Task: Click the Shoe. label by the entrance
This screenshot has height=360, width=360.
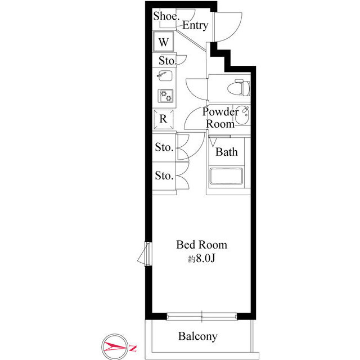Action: (x=166, y=16)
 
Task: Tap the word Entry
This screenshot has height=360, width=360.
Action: (x=195, y=25)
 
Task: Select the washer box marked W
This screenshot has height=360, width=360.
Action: (x=164, y=42)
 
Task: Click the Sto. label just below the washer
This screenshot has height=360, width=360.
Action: (x=167, y=61)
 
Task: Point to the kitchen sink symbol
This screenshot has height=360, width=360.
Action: (x=165, y=76)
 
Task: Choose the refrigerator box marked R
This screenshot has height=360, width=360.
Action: (x=163, y=119)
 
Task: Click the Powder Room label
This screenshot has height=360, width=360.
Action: (x=220, y=118)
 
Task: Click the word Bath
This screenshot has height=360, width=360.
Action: (x=227, y=152)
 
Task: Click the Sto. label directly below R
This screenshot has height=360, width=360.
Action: (x=164, y=147)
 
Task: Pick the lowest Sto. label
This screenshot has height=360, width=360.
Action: (x=164, y=176)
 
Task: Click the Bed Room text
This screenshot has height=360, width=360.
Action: (x=201, y=245)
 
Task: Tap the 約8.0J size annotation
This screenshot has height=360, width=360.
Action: (x=201, y=259)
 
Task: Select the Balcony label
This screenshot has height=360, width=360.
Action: (x=197, y=337)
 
